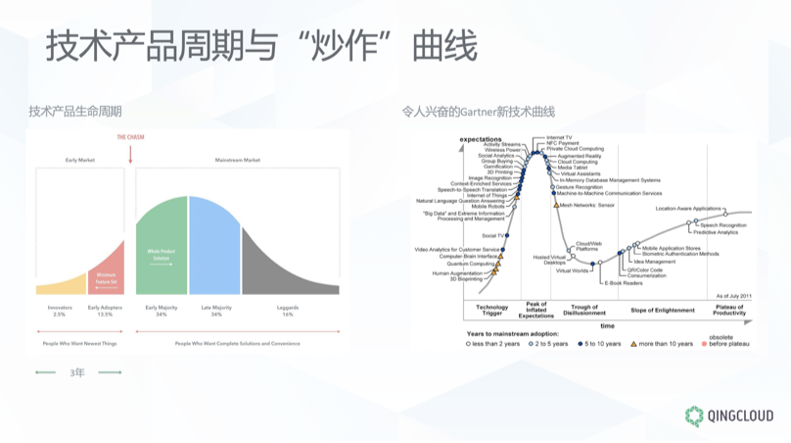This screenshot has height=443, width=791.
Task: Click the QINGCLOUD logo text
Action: click(x=740, y=415)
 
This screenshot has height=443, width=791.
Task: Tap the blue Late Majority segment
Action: click(x=214, y=250)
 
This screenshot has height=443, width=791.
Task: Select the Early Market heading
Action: click(x=79, y=159)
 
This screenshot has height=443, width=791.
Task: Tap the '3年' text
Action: click(x=79, y=372)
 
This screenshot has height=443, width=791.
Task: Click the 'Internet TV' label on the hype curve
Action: click(x=559, y=137)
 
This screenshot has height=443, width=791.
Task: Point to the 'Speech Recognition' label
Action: click(x=722, y=225)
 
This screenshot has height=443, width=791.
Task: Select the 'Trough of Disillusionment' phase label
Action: click(x=583, y=310)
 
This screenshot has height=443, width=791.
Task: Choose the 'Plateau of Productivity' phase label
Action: click(x=729, y=310)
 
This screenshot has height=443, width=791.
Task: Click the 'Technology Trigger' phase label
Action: click(x=491, y=310)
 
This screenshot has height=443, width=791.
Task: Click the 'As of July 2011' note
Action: click(x=731, y=295)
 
